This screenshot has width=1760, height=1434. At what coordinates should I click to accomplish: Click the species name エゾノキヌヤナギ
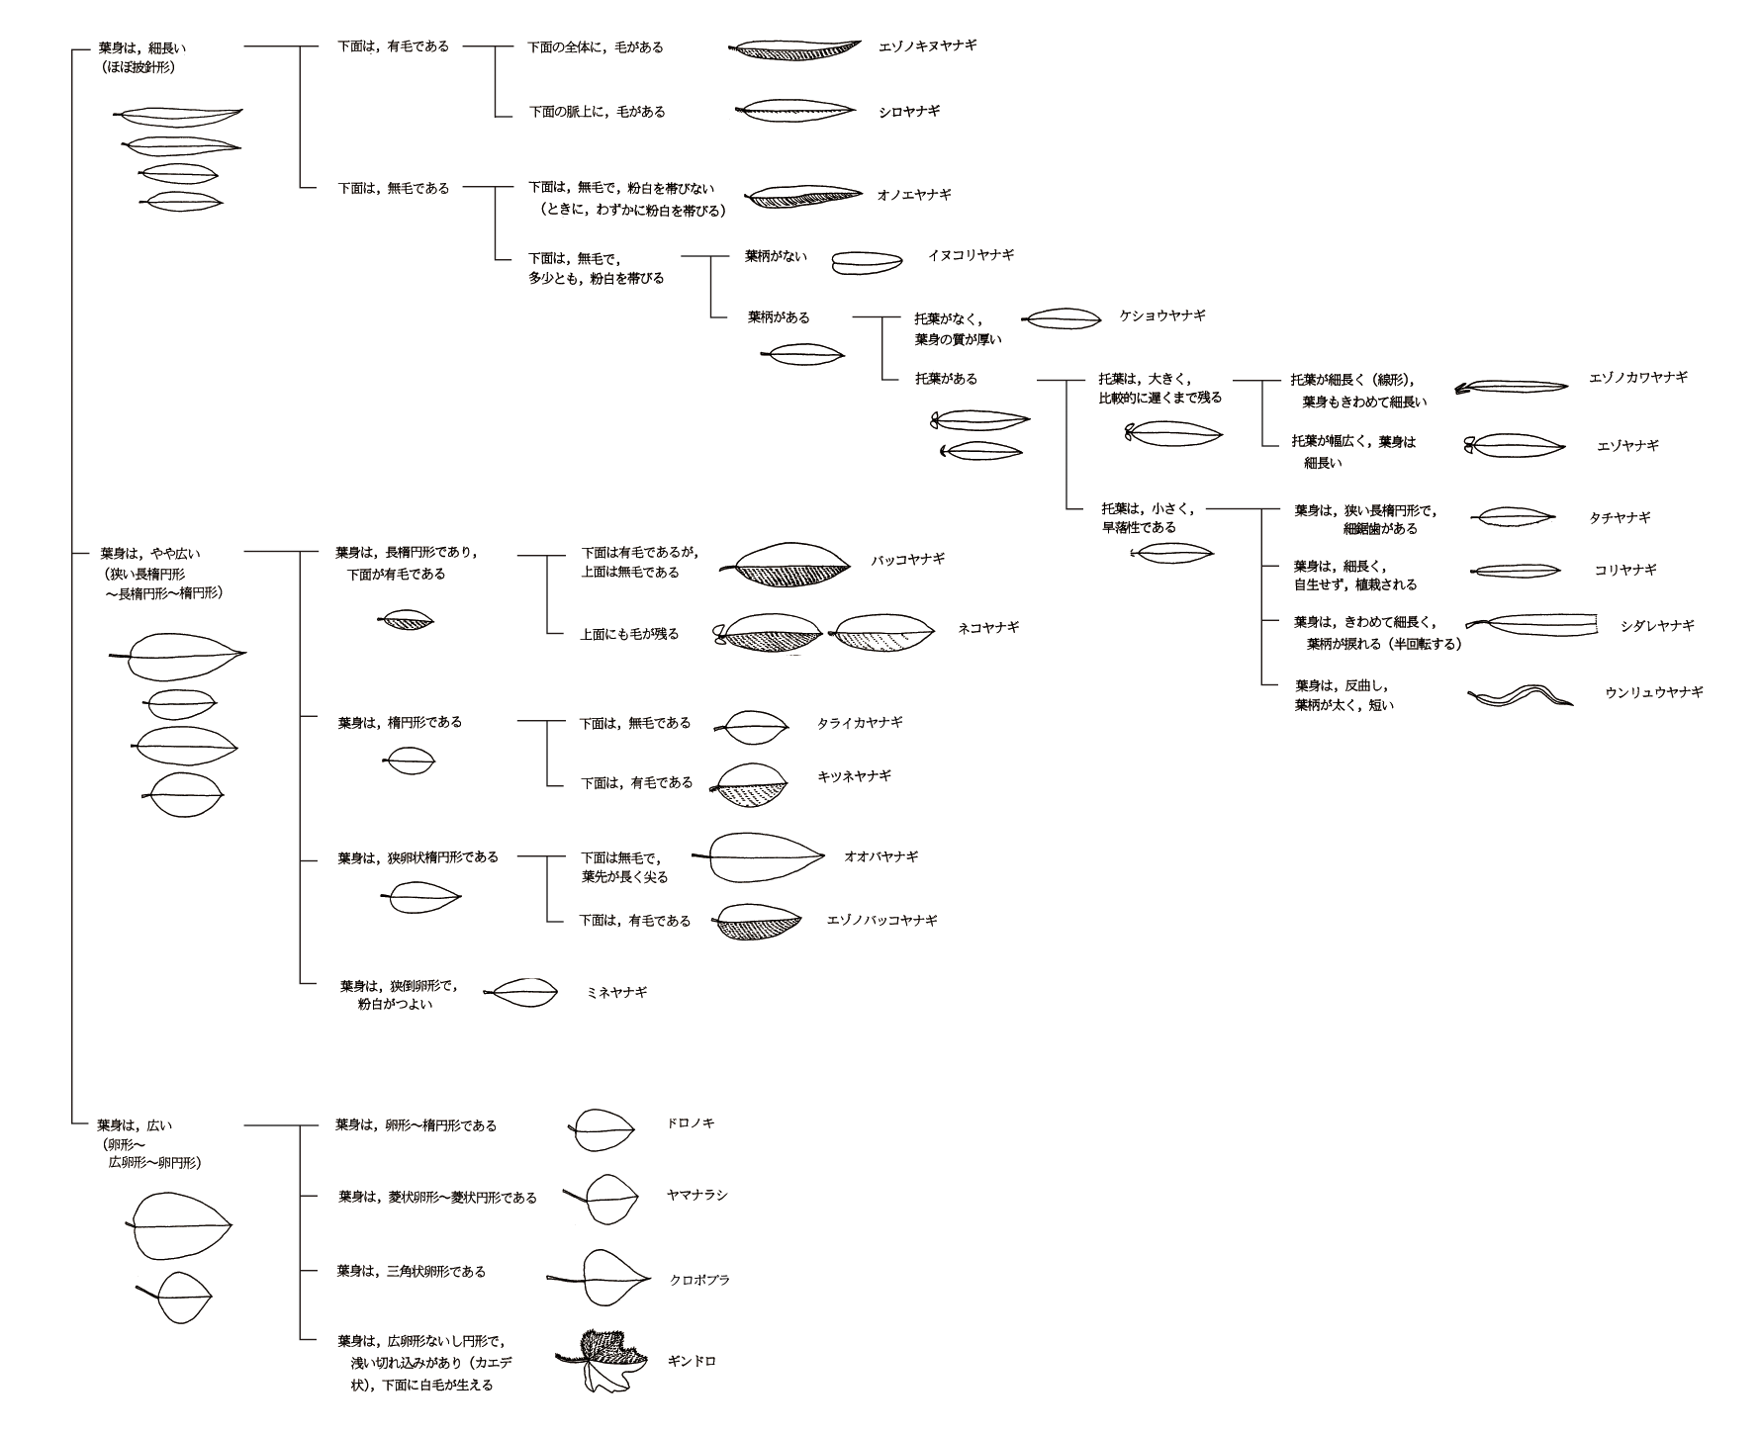(x=927, y=45)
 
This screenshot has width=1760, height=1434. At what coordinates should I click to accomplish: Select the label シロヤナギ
(x=908, y=111)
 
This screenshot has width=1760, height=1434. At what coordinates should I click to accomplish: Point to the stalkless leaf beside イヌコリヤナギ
(x=867, y=262)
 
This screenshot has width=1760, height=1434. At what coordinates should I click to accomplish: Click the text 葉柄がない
(x=776, y=256)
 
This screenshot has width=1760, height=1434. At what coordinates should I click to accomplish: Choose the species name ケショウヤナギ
(x=1161, y=315)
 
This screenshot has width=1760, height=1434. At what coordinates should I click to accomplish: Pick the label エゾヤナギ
(x=1627, y=446)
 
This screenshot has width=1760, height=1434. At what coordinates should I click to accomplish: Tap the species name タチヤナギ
(x=1620, y=517)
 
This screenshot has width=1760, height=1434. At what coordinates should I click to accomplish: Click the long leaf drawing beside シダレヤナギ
(x=1533, y=625)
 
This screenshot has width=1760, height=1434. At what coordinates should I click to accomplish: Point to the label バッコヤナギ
(x=907, y=559)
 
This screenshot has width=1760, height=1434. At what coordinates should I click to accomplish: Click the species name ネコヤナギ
(x=988, y=627)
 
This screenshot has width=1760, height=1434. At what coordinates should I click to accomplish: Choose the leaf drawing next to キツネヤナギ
(x=754, y=785)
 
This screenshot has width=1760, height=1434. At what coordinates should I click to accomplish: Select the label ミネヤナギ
(x=616, y=991)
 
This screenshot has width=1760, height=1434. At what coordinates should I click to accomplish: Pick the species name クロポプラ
(x=699, y=1279)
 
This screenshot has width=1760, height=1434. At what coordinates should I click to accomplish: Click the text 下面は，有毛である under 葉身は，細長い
(x=393, y=46)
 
